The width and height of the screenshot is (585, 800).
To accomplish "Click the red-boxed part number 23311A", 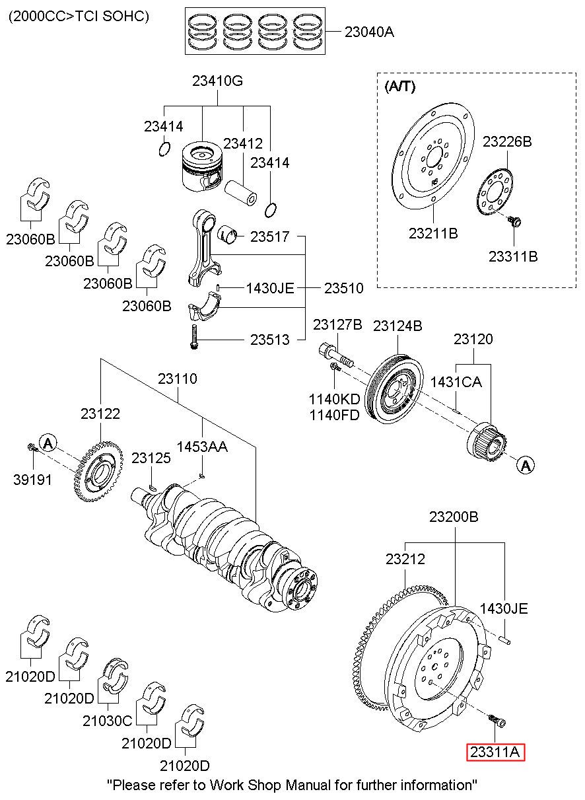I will (496, 752).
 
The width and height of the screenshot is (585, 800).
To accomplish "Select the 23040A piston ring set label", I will (369, 31).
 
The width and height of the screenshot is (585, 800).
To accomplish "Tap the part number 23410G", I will (218, 82).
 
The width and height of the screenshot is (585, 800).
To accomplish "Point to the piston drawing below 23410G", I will (201, 165).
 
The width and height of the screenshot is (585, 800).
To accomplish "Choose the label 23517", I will (269, 236).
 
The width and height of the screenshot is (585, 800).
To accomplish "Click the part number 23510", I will (343, 288).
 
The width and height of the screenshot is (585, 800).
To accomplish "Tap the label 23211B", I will (433, 233).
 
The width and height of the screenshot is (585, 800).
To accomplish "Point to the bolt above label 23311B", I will (516, 221).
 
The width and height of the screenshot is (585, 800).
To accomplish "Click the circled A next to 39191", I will (48, 443).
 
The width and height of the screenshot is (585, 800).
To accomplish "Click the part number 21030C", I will (107, 721).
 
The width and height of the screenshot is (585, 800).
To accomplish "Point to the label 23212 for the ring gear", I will (405, 559).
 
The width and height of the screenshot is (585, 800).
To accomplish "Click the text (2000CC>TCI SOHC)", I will (78, 17).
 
